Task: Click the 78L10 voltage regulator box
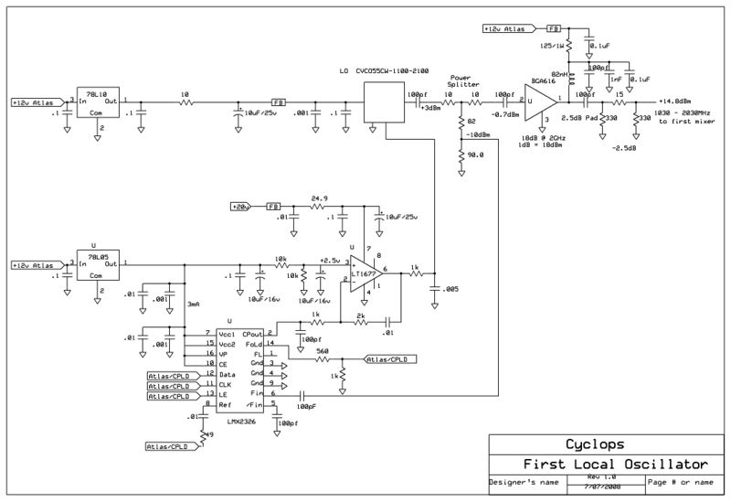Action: (x=99, y=102)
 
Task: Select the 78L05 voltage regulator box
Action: (x=99, y=266)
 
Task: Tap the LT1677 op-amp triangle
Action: (x=361, y=272)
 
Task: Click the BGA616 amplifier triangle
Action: (x=546, y=98)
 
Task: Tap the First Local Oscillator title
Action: (x=607, y=463)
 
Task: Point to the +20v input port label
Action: (x=242, y=207)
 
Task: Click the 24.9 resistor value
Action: (x=320, y=198)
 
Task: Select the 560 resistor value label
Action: (x=322, y=350)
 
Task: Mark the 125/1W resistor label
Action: (x=551, y=44)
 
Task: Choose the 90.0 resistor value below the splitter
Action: (x=473, y=155)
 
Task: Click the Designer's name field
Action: (x=522, y=481)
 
